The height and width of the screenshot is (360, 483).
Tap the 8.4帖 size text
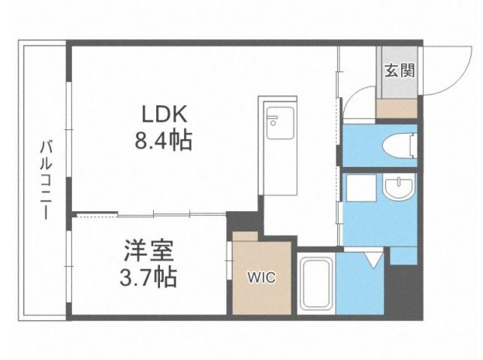(x=165, y=140)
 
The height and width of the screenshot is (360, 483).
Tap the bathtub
(x=316, y=284)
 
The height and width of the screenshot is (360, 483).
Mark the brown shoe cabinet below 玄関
(x=396, y=107)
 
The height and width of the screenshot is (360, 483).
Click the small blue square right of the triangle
(x=403, y=256)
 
